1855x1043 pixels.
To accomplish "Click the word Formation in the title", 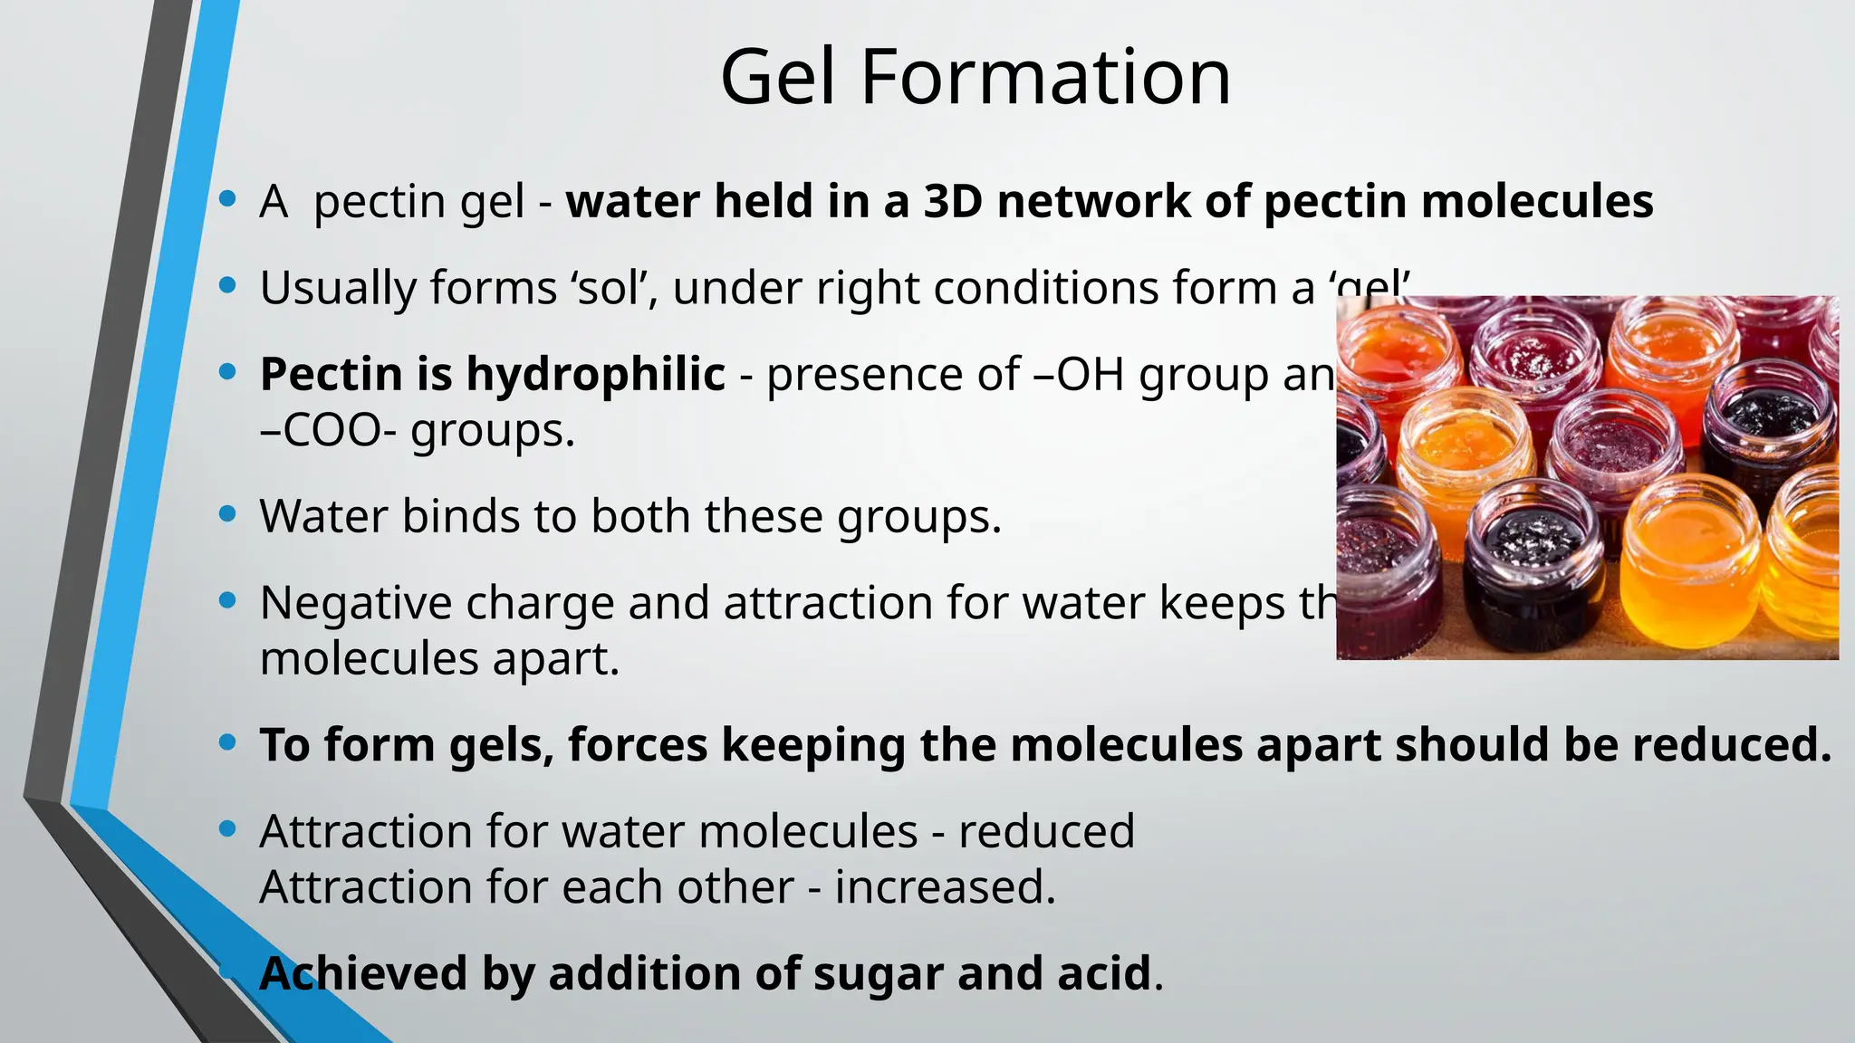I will tap(1045, 78).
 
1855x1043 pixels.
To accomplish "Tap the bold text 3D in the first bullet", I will tap(953, 201).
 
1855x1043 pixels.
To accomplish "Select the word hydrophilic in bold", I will tap(595, 374).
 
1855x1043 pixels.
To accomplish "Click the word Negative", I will tap(355, 603).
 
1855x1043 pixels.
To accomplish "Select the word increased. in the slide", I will tap(945, 887).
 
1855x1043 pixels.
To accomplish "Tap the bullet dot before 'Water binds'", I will tap(228, 514).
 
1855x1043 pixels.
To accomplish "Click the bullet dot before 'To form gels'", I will tap(228, 743).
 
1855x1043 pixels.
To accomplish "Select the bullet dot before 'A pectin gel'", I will tap(228, 198).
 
